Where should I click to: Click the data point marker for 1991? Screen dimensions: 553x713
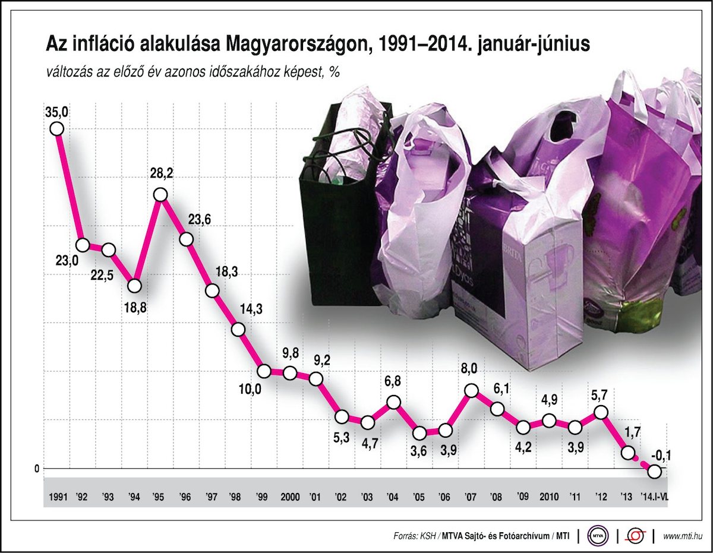(56, 128)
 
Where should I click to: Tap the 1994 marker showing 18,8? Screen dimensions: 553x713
(134, 286)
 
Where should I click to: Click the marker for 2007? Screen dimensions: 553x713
(471, 390)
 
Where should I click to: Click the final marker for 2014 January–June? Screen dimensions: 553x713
(655, 472)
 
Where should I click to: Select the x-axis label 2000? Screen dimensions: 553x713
(290, 497)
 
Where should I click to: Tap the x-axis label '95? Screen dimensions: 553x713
(159, 497)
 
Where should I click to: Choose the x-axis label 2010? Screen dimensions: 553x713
(549, 497)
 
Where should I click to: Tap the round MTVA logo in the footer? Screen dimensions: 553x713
(598, 536)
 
